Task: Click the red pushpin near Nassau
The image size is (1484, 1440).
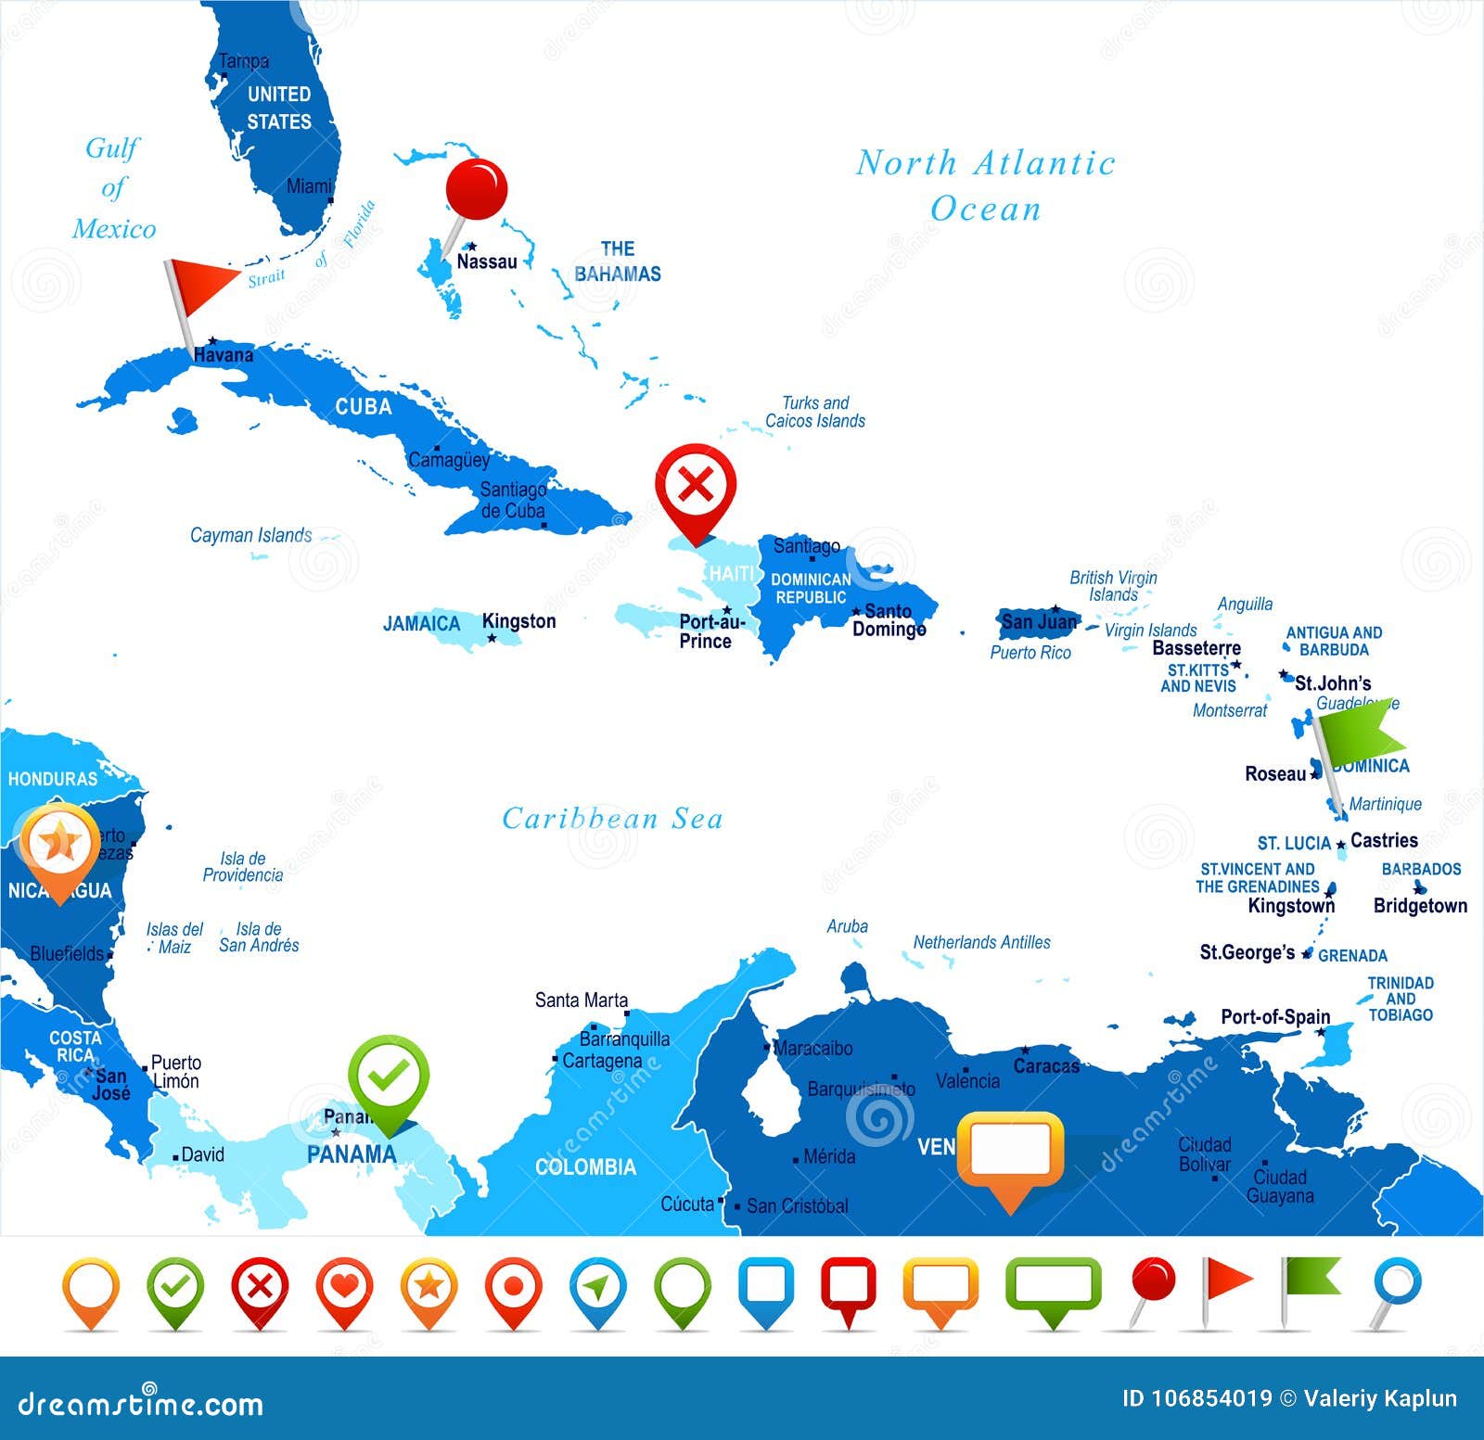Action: coord(476,189)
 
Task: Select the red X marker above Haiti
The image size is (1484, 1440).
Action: coord(696,485)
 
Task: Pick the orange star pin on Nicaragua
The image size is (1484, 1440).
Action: coord(59,843)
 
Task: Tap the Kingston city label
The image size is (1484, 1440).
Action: coord(518,621)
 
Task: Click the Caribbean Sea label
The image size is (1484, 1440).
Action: coord(612,818)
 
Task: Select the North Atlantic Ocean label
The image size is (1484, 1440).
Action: coord(985,185)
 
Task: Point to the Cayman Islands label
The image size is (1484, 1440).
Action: coord(250,535)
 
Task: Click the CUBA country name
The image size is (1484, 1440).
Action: coord(364,406)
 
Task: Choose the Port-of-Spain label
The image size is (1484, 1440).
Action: coord(1275,1016)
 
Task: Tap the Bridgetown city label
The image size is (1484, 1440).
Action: coord(1420,905)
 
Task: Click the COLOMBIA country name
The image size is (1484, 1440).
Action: coord(585,1166)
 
